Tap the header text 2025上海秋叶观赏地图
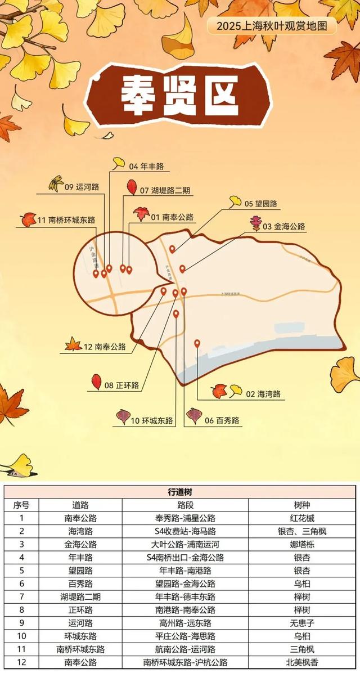[272, 26]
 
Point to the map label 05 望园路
[260, 203]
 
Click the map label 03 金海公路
[284, 227]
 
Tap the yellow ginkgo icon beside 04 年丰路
[119, 163]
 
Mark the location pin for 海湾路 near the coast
[197, 343]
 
